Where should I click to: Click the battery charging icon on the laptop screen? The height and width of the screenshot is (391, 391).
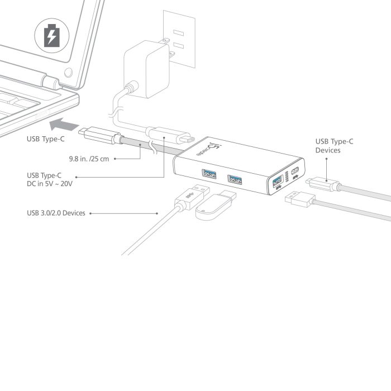pos(52,35)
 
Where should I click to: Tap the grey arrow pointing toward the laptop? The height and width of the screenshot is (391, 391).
pos(64,124)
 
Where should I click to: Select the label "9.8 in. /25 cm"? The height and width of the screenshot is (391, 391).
pos(89,159)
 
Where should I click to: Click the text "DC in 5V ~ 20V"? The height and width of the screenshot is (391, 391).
pos(50,184)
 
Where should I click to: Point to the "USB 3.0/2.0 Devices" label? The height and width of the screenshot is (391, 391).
pos(56,213)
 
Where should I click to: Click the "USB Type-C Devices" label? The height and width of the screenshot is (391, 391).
pos(334,146)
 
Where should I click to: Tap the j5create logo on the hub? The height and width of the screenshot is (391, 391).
pos(210,149)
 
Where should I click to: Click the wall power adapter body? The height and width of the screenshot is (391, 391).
pos(146,69)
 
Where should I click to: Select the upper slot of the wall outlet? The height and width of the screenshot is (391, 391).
pos(179,32)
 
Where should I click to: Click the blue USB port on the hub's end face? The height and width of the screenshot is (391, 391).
pos(278,181)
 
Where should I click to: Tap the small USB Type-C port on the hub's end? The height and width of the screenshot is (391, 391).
pos(295,170)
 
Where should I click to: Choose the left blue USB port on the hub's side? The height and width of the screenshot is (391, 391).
pos(209,174)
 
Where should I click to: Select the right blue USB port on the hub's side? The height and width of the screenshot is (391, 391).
pos(235,179)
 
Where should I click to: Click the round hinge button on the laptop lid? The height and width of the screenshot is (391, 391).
pos(68,73)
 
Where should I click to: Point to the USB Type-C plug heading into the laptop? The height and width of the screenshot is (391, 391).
pos(100,135)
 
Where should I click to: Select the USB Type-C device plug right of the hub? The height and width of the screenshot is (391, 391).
pos(323,184)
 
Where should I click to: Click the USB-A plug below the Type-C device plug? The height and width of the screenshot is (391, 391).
pos(300,199)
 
